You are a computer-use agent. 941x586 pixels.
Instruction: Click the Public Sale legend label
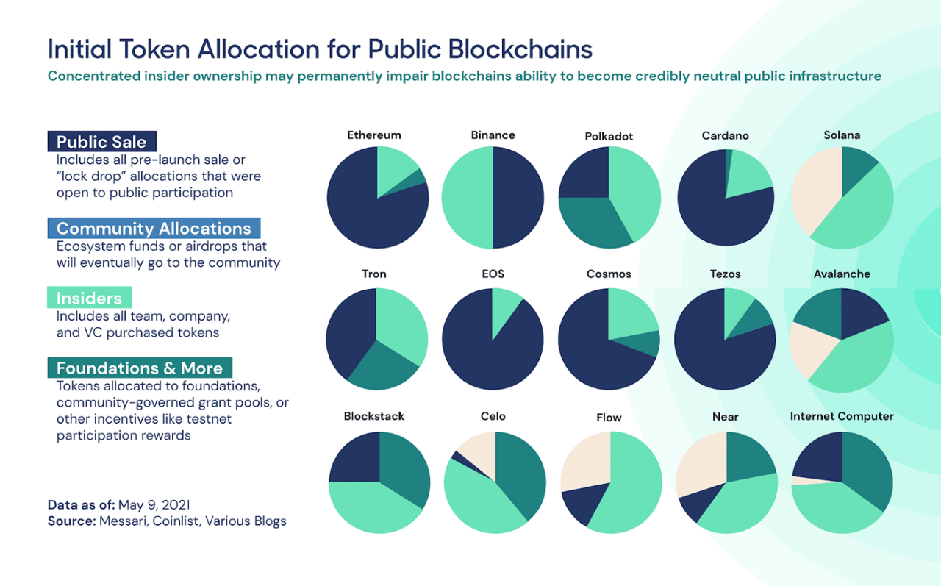(x=101, y=142)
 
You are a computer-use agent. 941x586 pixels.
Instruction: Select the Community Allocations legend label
(x=154, y=228)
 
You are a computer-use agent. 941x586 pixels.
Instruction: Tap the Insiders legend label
(x=89, y=298)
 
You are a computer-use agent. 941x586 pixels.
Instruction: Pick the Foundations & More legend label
(x=140, y=368)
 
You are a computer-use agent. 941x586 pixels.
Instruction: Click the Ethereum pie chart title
(x=374, y=135)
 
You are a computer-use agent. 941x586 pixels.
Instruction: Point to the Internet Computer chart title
(x=842, y=416)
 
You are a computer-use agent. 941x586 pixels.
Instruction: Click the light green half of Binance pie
(x=468, y=197)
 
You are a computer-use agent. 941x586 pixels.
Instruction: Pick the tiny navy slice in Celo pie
(x=458, y=457)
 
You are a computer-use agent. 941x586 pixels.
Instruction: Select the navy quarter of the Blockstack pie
(x=354, y=458)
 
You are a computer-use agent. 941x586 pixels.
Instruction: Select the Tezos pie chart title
(x=726, y=274)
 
